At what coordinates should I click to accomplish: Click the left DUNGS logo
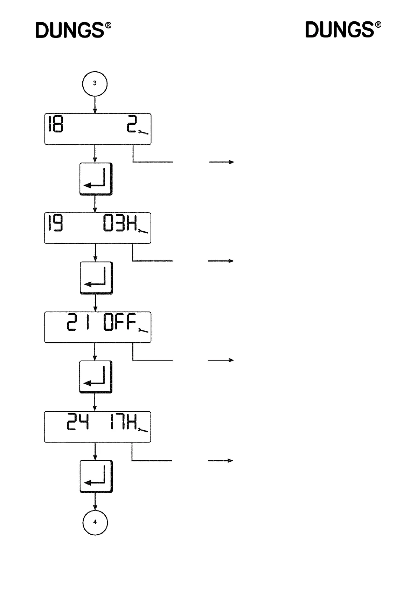73,30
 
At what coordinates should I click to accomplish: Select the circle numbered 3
95,84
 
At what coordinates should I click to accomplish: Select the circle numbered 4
95,522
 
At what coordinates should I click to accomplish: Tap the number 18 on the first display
56,124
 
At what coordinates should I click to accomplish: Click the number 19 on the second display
56,223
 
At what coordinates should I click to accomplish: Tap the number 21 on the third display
78,322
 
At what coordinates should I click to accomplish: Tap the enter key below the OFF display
96,377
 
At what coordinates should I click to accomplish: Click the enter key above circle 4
96,476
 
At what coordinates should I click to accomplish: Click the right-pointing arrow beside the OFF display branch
221,360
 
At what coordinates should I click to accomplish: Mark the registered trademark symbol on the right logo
378,25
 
